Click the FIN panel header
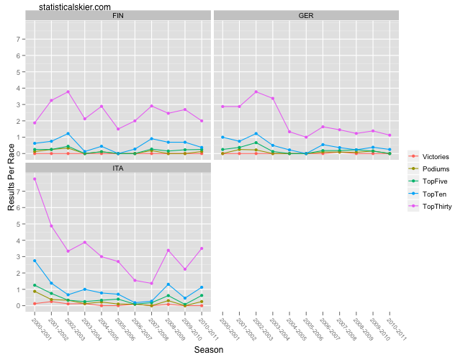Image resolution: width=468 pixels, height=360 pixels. pyautogui.click(x=117, y=15)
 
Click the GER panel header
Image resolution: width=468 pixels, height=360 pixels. pyautogui.click(x=306, y=15)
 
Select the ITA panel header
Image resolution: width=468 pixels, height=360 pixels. pyautogui.click(x=117, y=168)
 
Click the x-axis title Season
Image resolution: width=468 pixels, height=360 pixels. pyautogui.click(x=210, y=350)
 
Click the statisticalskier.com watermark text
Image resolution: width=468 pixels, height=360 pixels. pyautogui.click(x=76, y=6)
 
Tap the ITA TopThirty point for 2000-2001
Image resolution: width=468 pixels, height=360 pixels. pyautogui.click(x=35, y=179)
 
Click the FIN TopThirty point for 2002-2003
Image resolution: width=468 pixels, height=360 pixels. pyautogui.click(x=68, y=92)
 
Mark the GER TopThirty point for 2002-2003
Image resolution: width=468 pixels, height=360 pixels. pyautogui.click(x=256, y=92)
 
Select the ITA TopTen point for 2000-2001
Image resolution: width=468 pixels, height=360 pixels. pyautogui.click(x=35, y=261)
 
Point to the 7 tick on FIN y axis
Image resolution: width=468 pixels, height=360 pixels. pyautogui.click(x=19, y=39)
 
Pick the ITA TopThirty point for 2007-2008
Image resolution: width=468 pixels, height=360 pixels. pyautogui.click(x=151, y=284)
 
